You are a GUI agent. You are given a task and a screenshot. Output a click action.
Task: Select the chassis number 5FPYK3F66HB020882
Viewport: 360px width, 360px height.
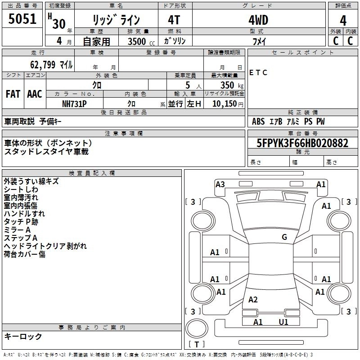[303, 143]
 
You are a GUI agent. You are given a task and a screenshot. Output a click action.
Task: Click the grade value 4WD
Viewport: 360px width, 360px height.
[258, 20]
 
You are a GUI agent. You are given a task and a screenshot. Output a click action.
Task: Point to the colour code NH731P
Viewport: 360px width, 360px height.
[74, 103]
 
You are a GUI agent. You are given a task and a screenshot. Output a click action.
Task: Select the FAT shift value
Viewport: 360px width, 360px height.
[13, 94]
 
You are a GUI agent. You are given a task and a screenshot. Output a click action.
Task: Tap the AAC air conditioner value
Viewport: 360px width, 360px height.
[35, 94]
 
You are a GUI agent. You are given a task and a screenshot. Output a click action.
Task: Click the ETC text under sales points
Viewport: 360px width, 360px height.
[258, 72]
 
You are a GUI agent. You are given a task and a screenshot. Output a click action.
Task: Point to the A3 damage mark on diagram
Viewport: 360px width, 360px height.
[220, 184]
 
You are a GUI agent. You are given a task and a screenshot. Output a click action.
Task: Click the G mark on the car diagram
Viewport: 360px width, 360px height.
[284, 237]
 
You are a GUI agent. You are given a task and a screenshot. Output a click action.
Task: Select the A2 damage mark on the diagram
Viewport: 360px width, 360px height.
[253, 300]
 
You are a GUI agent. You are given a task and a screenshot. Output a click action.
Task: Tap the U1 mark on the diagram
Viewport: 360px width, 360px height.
[283, 322]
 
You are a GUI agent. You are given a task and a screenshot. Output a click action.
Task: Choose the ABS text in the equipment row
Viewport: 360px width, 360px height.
[258, 121]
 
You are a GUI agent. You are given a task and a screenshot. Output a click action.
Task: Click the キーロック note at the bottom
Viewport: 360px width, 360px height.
[23, 337]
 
